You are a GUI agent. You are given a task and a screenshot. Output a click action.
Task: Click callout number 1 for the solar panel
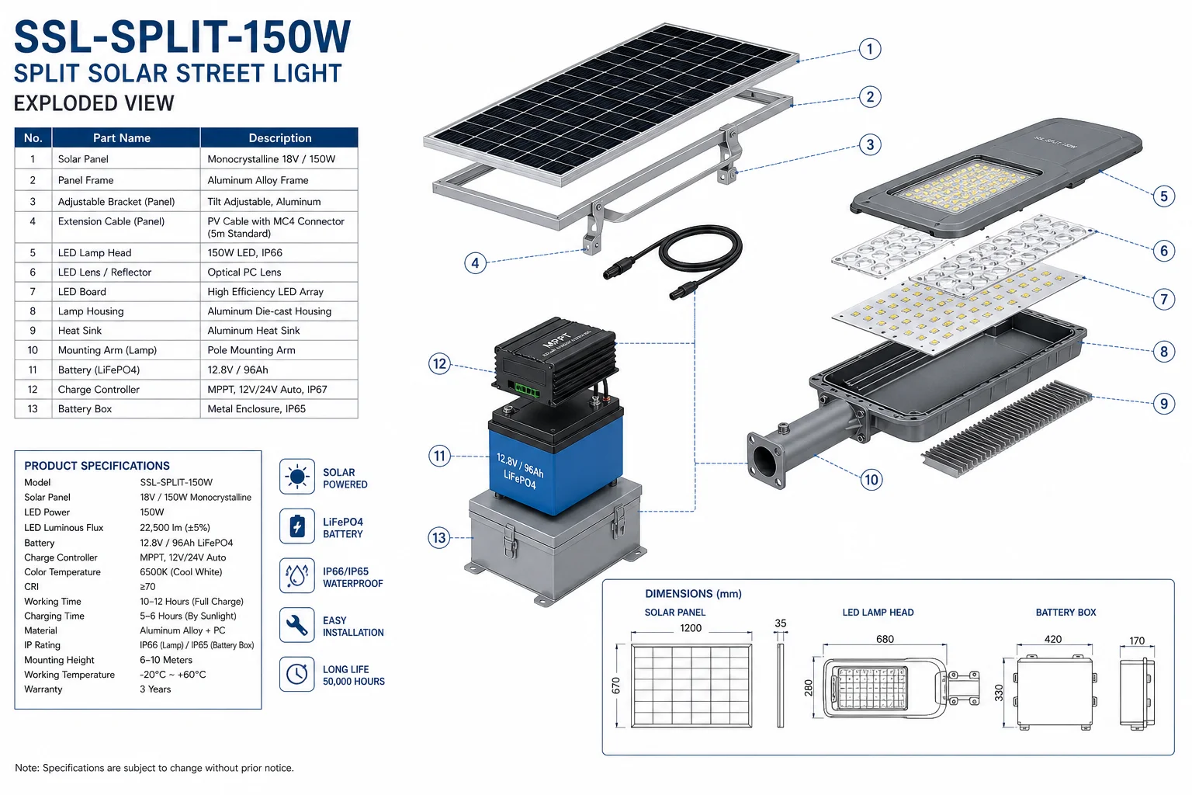[x=869, y=49]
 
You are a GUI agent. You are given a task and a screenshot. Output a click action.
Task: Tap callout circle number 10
[x=871, y=480]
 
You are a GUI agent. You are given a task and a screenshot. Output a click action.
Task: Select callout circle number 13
[x=439, y=537]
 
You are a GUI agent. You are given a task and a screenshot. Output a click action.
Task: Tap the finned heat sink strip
[x=1006, y=429]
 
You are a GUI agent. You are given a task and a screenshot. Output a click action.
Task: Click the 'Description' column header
[x=280, y=138]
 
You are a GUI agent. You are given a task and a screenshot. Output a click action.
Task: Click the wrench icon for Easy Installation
[x=297, y=625]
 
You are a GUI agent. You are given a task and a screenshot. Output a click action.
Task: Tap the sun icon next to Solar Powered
[x=297, y=477]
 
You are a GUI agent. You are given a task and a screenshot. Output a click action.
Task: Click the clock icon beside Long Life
[x=297, y=674]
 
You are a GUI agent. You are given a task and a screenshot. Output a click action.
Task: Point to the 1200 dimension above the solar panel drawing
[x=691, y=628]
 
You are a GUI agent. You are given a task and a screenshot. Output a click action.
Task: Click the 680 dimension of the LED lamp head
[x=885, y=639]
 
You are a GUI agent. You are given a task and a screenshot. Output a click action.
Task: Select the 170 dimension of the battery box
[x=1137, y=641]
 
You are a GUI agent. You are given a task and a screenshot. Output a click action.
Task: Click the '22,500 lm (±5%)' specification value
[x=175, y=528]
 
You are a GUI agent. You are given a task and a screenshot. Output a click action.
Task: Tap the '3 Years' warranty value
[x=155, y=689]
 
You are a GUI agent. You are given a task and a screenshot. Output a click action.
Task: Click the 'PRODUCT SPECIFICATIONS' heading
[x=97, y=466]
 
